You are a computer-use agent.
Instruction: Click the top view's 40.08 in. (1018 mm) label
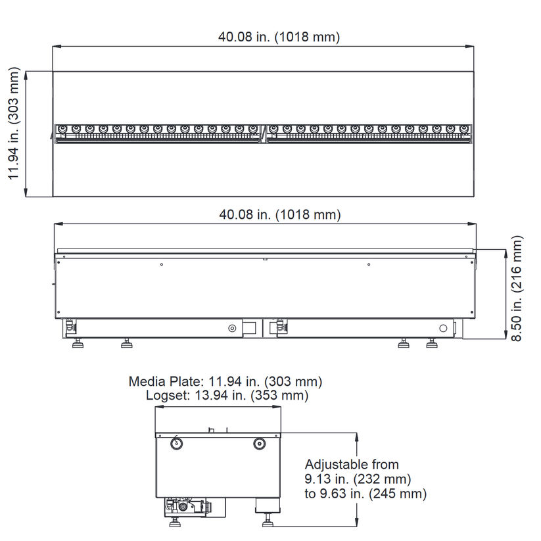tap(279, 37)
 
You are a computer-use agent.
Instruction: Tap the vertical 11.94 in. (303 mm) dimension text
tap(14, 123)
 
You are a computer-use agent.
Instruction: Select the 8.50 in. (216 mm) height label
tap(517, 289)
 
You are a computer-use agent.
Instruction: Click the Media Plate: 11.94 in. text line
tap(225, 382)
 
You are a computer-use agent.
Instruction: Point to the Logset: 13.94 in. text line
tap(227, 395)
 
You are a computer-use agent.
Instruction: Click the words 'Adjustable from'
tap(352, 464)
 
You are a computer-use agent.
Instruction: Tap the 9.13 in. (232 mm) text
tap(358, 479)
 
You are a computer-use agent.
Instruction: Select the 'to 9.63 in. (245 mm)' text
tap(365, 494)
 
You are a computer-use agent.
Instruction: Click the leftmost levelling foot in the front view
tap(78, 343)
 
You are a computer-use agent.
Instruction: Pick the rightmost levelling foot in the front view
tap(432, 343)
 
